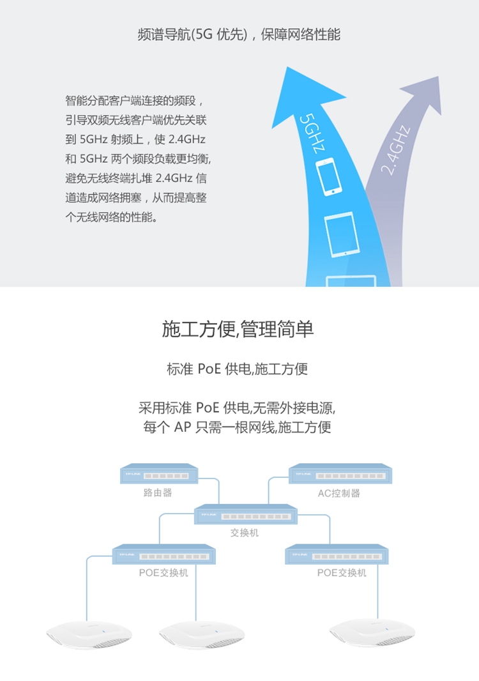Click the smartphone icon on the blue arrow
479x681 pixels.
(x=329, y=176)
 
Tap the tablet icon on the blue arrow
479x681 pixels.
(x=342, y=234)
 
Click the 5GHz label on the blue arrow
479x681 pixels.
(x=312, y=133)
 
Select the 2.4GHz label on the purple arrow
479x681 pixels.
(x=395, y=150)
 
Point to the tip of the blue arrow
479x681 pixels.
(x=287, y=67)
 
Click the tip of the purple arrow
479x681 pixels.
(x=438, y=77)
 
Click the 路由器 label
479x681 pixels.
(x=158, y=493)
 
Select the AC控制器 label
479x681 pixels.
(x=338, y=493)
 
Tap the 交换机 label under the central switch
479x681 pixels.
(x=245, y=532)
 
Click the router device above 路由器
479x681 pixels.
(x=159, y=473)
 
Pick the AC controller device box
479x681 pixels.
(x=340, y=473)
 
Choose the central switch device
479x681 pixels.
(x=245, y=514)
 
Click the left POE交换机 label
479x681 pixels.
(x=163, y=573)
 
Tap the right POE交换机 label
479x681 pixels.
(x=342, y=573)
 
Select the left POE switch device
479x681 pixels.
(x=163, y=554)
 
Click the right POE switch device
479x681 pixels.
(x=337, y=554)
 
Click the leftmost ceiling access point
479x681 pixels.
(x=89, y=634)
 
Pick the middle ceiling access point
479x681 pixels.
(x=202, y=634)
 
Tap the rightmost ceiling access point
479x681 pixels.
(x=372, y=632)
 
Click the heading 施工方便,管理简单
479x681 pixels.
(x=238, y=329)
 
